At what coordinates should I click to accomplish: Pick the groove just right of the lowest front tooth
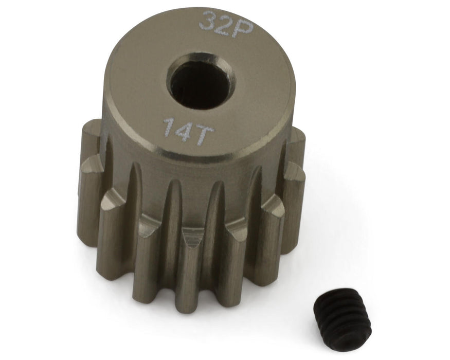[x=217, y=252]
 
